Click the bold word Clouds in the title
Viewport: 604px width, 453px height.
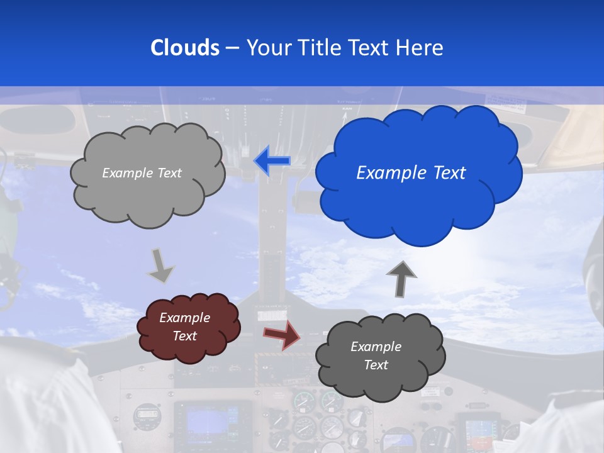pyautogui.click(x=185, y=48)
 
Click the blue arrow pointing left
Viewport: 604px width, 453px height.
pyautogui.click(x=272, y=161)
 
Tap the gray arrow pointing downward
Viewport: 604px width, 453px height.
pyautogui.click(x=161, y=265)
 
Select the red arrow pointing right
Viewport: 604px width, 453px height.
pyautogui.click(x=281, y=334)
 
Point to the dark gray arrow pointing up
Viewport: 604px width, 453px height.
pyautogui.click(x=401, y=279)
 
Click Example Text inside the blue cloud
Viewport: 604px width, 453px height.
pyautogui.click(x=411, y=173)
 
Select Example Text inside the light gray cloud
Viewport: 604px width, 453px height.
pyautogui.click(x=142, y=173)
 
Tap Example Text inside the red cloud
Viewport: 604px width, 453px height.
pyautogui.click(x=185, y=327)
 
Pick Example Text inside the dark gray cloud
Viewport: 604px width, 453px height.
pyautogui.click(x=376, y=355)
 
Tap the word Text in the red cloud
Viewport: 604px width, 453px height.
pyautogui.click(x=185, y=336)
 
